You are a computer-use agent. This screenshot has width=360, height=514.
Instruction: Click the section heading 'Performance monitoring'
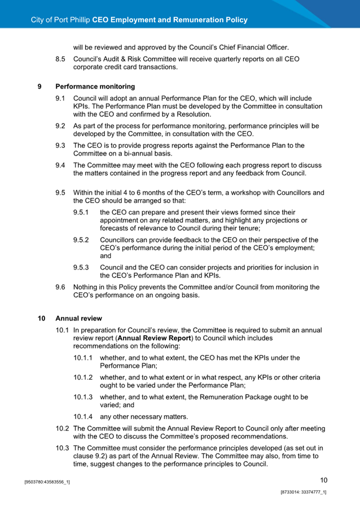[x=95, y=87]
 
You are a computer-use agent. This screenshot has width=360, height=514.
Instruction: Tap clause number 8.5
[x=60, y=59]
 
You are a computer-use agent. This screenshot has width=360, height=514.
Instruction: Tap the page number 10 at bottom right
[x=323, y=480]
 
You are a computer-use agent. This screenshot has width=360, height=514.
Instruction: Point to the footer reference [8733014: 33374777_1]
[x=304, y=493]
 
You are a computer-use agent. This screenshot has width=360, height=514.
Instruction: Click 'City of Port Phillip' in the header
[x=60, y=20]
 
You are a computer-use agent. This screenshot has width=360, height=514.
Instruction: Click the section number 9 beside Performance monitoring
[x=39, y=87]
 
